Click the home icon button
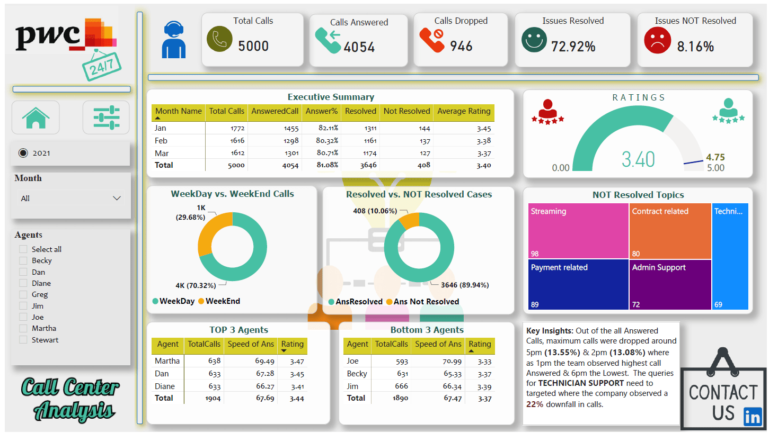(x=36, y=118)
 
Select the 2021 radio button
(x=23, y=153)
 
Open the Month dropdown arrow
(x=117, y=199)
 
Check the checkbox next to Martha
(x=23, y=328)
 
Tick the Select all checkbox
(x=23, y=249)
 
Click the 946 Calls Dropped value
(x=461, y=46)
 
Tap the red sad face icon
(x=657, y=40)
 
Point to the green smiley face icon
(x=534, y=40)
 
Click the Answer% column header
(x=322, y=111)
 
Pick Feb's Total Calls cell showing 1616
(x=237, y=141)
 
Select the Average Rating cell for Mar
(x=484, y=154)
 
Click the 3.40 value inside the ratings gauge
(x=638, y=159)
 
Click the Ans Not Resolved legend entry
(x=422, y=302)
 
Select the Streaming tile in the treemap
(x=578, y=231)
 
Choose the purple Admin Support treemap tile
(x=670, y=285)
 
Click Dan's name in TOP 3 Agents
(x=162, y=374)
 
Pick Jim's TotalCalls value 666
(x=401, y=386)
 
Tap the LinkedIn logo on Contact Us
(x=753, y=417)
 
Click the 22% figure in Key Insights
(x=535, y=404)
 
